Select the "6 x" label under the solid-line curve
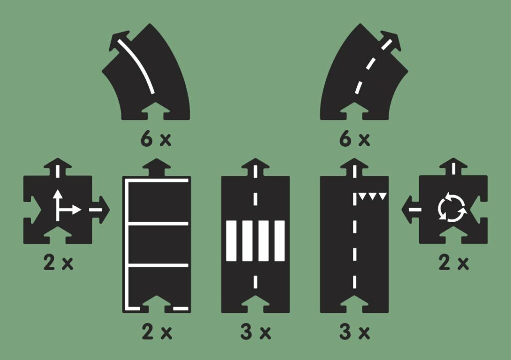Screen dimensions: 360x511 pos(155,139)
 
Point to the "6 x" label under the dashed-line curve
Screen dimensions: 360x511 pos(354,139)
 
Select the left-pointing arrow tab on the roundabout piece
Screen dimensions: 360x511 pos(410,210)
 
